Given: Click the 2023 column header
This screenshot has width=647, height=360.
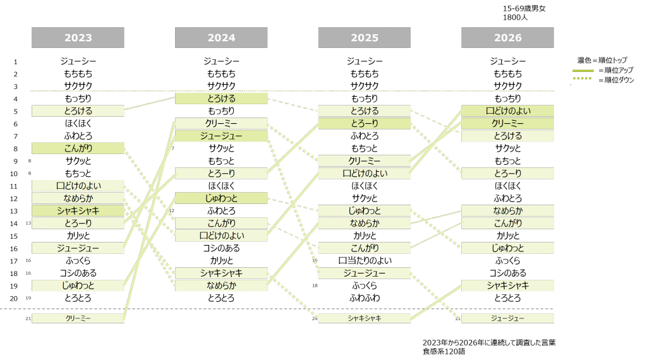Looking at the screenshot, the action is pyautogui.click(x=78, y=37).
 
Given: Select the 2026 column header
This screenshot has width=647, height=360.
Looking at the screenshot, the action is pyautogui.click(x=507, y=37).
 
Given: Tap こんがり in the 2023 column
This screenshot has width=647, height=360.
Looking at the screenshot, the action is pyautogui.click(x=78, y=148).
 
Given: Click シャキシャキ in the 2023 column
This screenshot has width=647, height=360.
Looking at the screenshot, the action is pyautogui.click(x=78, y=211).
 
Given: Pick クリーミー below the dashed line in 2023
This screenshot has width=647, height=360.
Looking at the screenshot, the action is pyautogui.click(x=78, y=318).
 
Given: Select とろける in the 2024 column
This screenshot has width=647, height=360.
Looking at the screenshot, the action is pyautogui.click(x=221, y=99).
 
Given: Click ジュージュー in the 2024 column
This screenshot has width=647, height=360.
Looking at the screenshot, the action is pyautogui.click(x=221, y=136).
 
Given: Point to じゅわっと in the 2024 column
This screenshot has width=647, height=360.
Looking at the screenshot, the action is pyautogui.click(x=221, y=198).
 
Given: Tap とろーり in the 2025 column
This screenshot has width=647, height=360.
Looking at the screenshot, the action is pyautogui.click(x=365, y=123).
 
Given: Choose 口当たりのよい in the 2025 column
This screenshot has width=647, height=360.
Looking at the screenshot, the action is pyautogui.click(x=365, y=261).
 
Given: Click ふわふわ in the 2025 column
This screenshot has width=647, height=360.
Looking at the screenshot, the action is pyautogui.click(x=365, y=297).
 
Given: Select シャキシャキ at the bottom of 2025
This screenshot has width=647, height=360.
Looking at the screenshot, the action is pyautogui.click(x=365, y=318).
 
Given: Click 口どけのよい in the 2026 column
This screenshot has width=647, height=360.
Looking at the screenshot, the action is pyautogui.click(x=507, y=111).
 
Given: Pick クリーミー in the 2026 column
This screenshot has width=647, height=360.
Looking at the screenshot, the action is pyautogui.click(x=507, y=123).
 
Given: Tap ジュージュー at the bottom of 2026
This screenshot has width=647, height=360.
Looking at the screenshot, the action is pyautogui.click(x=507, y=318).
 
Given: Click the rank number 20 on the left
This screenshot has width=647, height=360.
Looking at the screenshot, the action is pyautogui.click(x=14, y=299).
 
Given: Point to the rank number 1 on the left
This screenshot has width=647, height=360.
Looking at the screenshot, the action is pyautogui.click(x=15, y=62).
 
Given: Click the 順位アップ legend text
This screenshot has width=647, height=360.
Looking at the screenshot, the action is pyautogui.click(x=615, y=70).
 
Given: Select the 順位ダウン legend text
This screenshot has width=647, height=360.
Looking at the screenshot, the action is pyautogui.click(x=616, y=80).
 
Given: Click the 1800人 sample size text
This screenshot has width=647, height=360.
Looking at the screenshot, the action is pyautogui.click(x=515, y=17).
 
